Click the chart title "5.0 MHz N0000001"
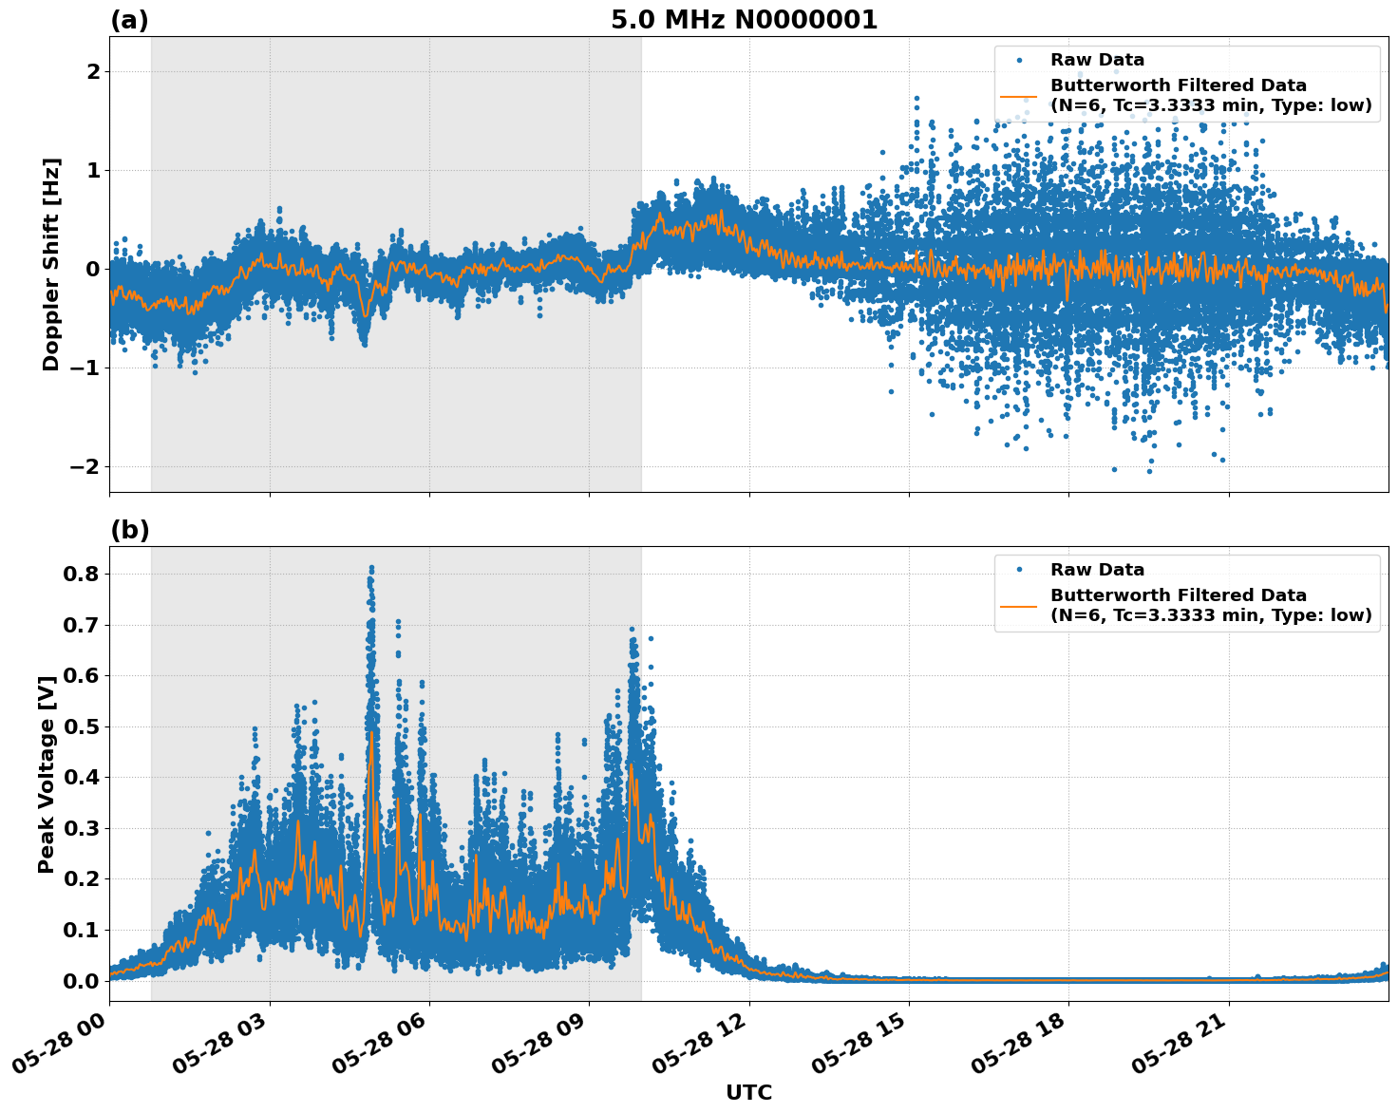click(744, 20)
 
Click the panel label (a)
click(129, 20)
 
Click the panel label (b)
click(129, 530)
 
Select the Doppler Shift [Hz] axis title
click(51, 264)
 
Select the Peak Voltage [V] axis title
click(47, 774)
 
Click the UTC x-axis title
click(748, 1092)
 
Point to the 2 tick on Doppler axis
click(93, 72)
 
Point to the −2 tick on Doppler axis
click(85, 467)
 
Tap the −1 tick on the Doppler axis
click(85, 368)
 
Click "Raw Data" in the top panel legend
click(1097, 60)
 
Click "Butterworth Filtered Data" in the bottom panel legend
click(1178, 595)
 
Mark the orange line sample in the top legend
click(1018, 96)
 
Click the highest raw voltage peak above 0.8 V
click(371, 568)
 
